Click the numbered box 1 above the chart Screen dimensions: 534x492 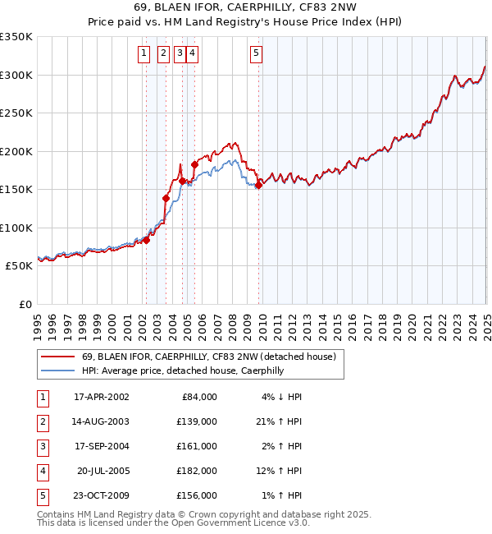coord(144,54)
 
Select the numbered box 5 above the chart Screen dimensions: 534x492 coord(257,54)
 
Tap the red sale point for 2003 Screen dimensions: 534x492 coord(166,198)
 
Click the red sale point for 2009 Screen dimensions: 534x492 coord(258,186)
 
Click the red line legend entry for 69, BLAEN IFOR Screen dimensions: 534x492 coord(208,357)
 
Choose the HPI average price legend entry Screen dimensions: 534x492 coord(182,371)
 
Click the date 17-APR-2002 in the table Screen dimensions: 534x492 coord(102,397)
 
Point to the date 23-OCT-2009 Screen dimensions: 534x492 coord(102,495)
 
